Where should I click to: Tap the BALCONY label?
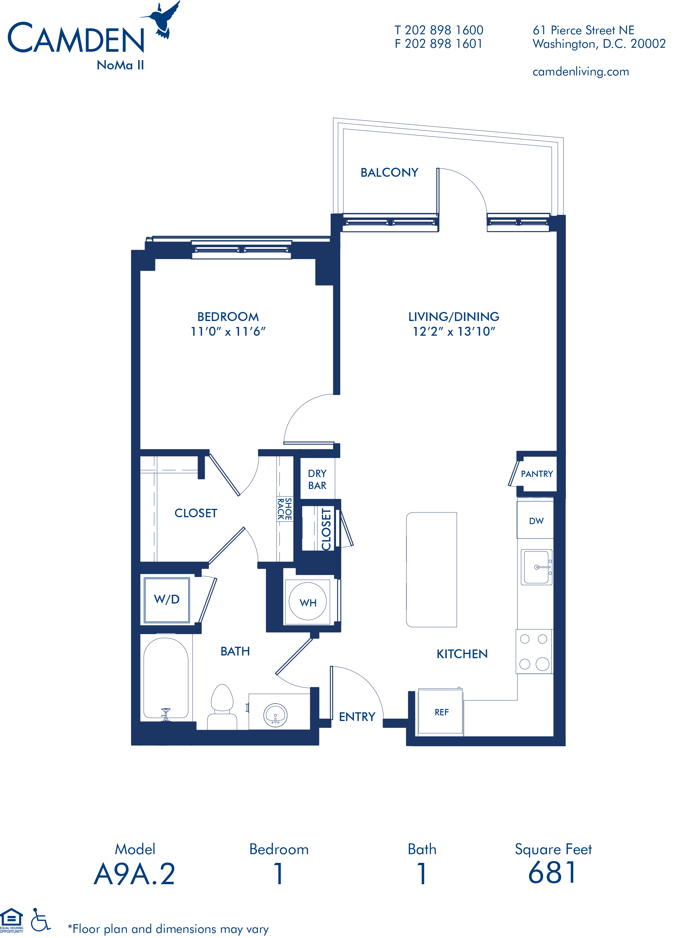pyautogui.click(x=389, y=173)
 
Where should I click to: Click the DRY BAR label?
pyautogui.click(x=317, y=479)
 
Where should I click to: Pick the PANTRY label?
pyautogui.click(x=537, y=474)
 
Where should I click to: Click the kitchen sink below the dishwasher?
pyautogui.click(x=537, y=567)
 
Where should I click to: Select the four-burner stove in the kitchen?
pyautogui.click(x=534, y=651)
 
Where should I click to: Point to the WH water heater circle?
pyautogui.click(x=308, y=601)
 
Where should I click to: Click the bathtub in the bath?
pyautogui.click(x=166, y=678)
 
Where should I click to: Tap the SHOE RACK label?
pyautogui.click(x=285, y=509)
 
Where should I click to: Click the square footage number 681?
pyautogui.click(x=552, y=873)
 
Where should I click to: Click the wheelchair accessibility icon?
pyautogui.click(x=41, y=919)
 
